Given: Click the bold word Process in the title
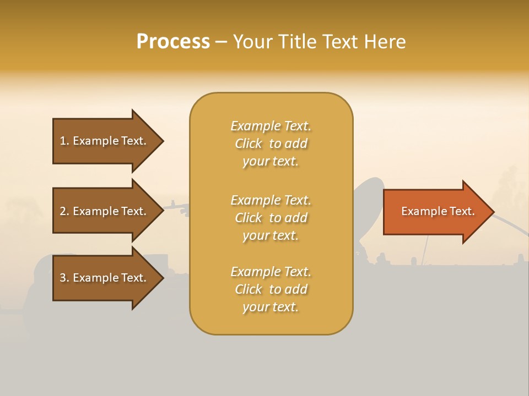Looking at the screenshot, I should [173, 42].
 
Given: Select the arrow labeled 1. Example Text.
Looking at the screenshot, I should [105, 141].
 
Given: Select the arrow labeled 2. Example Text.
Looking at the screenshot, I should [105, 211].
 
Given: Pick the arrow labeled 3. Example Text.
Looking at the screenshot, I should [105, 278].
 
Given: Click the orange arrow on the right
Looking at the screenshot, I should [435, 211].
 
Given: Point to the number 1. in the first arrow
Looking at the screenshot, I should [64, 141].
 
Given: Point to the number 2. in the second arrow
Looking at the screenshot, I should [64, 211].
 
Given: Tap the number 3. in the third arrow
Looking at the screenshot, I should [64, 278].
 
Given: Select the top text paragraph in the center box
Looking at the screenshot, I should [271, 144].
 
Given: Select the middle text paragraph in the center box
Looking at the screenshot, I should [271, 218].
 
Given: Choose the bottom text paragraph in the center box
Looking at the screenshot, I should [271, 289].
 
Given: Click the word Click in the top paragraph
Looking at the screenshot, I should [249, 144].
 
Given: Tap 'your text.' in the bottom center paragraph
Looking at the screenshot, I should [271, 307].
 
